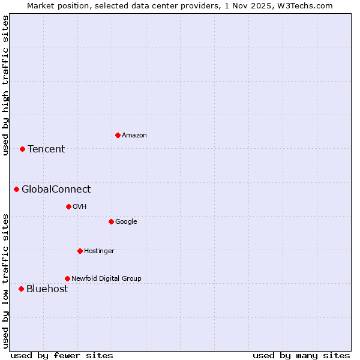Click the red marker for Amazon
(x=118, y=135)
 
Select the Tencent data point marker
(x=22, y=149)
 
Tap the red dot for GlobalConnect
(x=16, y=190)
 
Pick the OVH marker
(x=68, y=206)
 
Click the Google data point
(x=111, y=221)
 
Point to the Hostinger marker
(x=80, y=251)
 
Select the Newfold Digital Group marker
(x=67, y=278)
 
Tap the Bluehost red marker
(x=21, y=289)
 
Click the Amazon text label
(x=134, y=135)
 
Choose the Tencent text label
(x=46, y=149)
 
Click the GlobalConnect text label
(x=56, y=190)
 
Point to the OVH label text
(x=80, y=206)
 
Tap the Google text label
(x=126, y=221)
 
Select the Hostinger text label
(x=99, y=251)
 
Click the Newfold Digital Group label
(x=106, y=278)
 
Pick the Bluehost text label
(x=47, y=289)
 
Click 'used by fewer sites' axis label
(x=62, y=355)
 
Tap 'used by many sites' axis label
(x=301, y=355)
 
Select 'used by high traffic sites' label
(x=5, y=85)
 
